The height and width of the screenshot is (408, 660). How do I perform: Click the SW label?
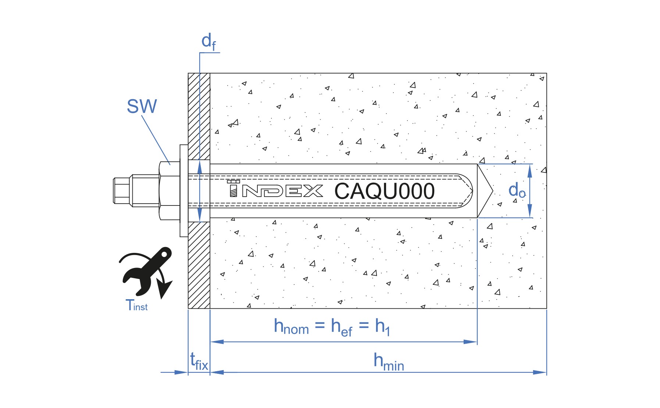click(x=142, y=106)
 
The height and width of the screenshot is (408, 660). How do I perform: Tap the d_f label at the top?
click(x=208, y=41)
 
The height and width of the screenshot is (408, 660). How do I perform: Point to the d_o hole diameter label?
click(x=517, y=190)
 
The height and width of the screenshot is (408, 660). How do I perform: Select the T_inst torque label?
click(x=136, y=305)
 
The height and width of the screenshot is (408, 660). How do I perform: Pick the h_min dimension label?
click(x=389, y=362)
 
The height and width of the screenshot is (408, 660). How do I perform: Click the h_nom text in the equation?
click(x=291, y=326)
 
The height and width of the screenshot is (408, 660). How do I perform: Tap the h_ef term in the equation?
click(x=342, y=327)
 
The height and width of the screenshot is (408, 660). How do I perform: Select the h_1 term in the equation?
click(x=382, y=327)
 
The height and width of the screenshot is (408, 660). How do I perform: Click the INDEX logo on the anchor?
click(x=275, y=189)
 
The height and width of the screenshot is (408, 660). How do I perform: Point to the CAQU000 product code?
click(x=384, y=191)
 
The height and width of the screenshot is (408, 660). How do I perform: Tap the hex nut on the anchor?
click(x=170, y=191)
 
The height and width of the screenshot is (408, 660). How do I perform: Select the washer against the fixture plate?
click(x=184, y=191)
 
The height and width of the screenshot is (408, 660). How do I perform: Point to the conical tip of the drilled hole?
click(x=485, y=191)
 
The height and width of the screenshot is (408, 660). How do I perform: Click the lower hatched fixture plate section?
click(x=199, y=265)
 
